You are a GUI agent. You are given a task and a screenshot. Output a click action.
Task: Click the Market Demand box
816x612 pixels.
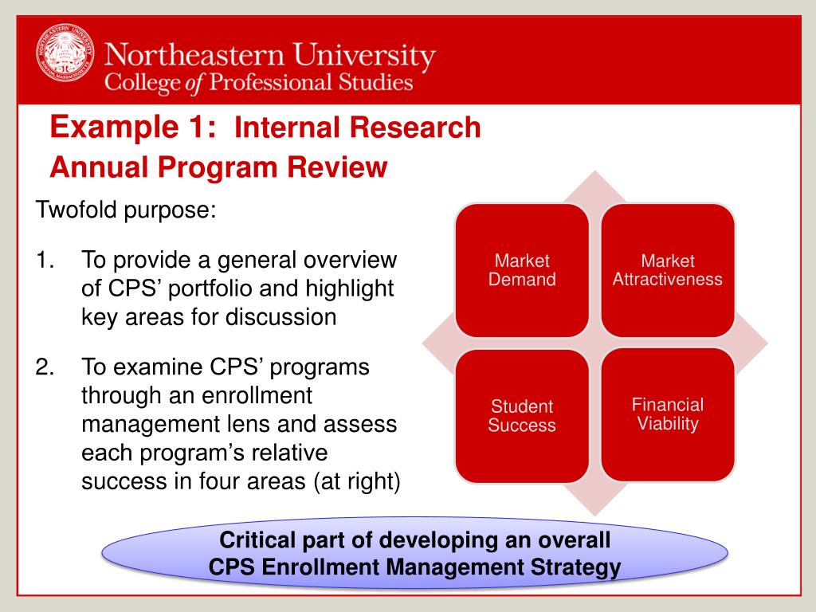coord(523,270)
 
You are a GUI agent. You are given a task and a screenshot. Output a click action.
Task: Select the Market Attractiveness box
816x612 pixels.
coord(668,270)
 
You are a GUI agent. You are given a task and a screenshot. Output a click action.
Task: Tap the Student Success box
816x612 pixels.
coord(521,416)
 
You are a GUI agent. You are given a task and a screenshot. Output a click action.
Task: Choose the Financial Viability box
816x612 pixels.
coord(668,414)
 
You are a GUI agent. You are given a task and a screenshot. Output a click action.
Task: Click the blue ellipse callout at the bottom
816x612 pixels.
coord(414,554)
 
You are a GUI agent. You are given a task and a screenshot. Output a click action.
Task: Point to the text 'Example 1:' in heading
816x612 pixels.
coord(132,127)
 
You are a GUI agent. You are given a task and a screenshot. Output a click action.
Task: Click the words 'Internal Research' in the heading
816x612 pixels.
coord(358,127)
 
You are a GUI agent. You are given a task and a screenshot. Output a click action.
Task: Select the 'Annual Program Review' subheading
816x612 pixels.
coord(218,167)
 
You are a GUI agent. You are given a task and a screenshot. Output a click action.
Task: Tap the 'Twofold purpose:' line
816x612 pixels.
coord(126,211)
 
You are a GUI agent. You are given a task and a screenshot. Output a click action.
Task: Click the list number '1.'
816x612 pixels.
coord(45,260)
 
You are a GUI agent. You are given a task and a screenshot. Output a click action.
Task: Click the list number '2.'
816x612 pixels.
coord(45,367)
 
